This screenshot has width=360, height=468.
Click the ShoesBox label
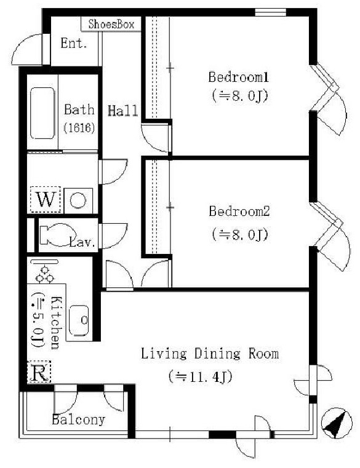[111, 24]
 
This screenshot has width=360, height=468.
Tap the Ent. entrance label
[74, 43]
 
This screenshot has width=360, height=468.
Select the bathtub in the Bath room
[42, 113]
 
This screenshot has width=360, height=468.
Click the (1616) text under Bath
[79, 128]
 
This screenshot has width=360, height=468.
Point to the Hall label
[123, 111]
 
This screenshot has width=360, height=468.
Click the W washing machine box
[46, 200]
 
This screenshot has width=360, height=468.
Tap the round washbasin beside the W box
[78, 200]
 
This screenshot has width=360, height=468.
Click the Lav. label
[82, 242]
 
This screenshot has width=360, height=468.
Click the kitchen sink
[79, 320]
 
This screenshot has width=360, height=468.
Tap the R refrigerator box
[39, 372]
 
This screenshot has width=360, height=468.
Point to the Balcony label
[79, 419]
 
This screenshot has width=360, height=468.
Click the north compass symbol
[337, 423]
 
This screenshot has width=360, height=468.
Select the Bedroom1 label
[238, 77]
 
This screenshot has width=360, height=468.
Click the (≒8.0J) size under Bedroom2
[240, 234]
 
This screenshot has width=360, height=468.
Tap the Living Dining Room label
[210, 354]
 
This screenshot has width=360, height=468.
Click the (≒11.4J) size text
[200, 377]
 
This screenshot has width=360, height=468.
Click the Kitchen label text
[56, 323]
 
